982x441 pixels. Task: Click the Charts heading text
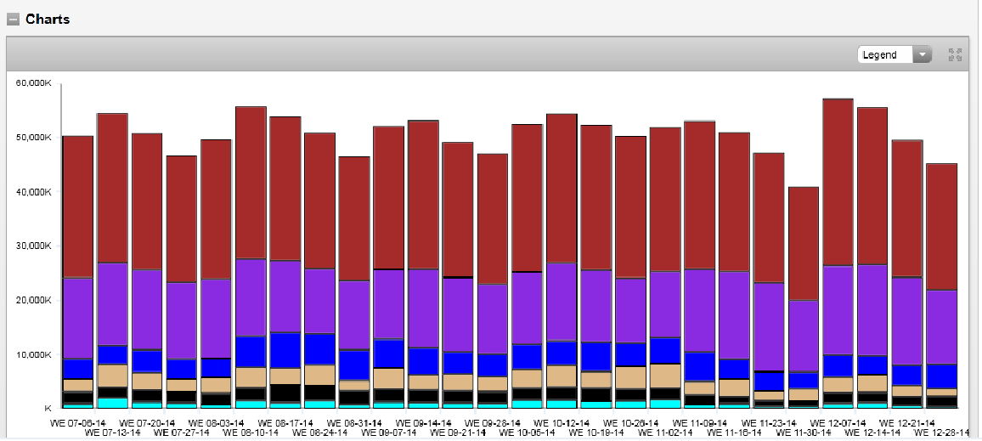point(48,19)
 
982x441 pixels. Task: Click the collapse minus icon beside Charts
point(13,20)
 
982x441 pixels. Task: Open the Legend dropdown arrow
point(922,55)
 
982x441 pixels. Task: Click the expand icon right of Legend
point(955,55)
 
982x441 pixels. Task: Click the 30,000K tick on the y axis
point(34,246)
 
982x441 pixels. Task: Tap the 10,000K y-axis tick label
point(34,354)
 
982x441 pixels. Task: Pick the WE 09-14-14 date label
point(424,421)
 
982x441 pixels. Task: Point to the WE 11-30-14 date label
point(804,433)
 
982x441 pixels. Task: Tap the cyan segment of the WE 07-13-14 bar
point(112,403)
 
